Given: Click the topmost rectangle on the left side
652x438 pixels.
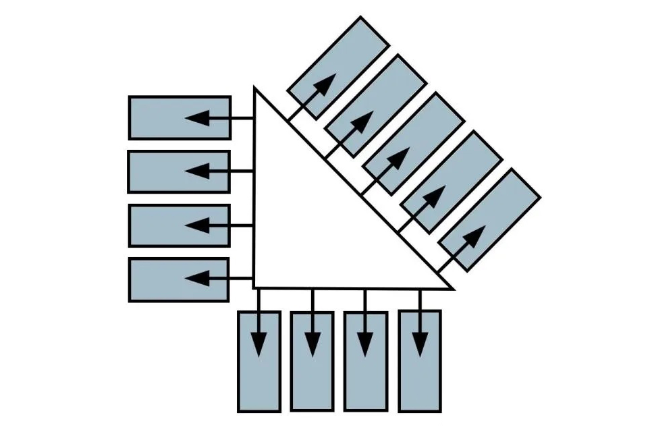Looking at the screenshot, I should click(x=180, y=118).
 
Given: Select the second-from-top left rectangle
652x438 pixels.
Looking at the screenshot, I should click(x=179, y=171).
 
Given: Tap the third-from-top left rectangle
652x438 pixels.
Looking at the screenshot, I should click(x=179, y=225).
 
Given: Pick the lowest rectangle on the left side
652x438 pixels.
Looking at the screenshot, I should click(x=179, y=279).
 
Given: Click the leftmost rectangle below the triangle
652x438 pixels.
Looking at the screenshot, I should click(x=259, y=361).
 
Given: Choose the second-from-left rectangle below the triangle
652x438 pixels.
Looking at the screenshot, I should click(x=312, y=361).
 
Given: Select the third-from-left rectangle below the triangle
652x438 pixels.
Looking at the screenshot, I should click(x=365, y=361).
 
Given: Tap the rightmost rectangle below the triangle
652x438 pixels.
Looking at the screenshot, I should click(x=419, y=361).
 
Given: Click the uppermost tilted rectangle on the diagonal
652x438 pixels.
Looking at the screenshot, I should click(x=338, y=67).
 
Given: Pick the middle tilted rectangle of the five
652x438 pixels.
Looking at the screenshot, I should click(x=414, y=143).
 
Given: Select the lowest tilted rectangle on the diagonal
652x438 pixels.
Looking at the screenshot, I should click(x=489, y=219).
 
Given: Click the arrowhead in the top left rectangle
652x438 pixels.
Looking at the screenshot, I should click(x=196, y=118).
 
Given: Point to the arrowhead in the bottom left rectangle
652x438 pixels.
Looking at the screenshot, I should click(x=196, y=277).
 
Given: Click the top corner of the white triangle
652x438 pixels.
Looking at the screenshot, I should click(x=254, y=88).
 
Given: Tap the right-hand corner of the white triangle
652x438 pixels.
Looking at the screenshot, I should click(x=451, y=288).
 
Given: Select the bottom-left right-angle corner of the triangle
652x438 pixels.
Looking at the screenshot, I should click(x=254, y=287).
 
